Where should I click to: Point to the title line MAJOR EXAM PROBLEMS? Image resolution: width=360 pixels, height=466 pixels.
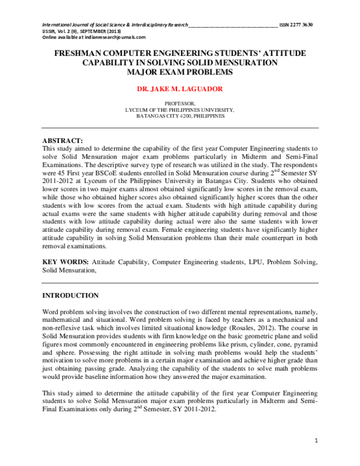tap(179, 71)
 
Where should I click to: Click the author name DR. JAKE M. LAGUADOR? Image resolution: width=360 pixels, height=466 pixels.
tap(179, 88)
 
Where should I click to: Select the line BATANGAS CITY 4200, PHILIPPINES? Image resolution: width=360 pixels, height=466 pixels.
tap(179, 116)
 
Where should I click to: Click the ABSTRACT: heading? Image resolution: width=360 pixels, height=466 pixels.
tap(62, 141)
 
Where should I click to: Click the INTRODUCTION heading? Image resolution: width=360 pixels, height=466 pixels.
tap(70, 295)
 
